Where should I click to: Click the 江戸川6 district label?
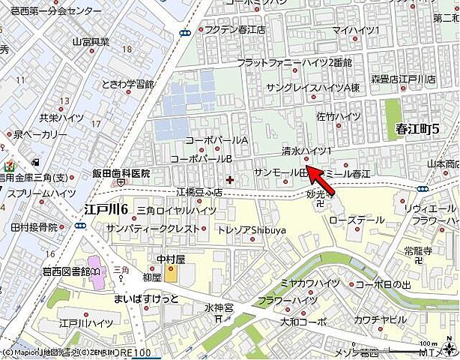106,208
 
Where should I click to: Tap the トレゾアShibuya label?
251,229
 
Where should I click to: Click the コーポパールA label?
217,140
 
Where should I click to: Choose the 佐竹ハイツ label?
339,116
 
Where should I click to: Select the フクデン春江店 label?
235,31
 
